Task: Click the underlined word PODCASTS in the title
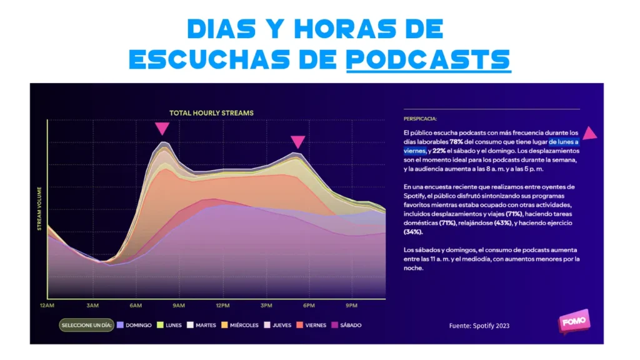click(x=428, y=59)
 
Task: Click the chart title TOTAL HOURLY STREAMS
click(x=211, y=113)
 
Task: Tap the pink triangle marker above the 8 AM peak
click(x=162, y=129)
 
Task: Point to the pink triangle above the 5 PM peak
click(x=298, y=142)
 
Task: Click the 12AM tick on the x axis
click(x=47, y=305)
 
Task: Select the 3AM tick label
click(x=93, y=305)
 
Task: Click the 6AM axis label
click(x=136, y=305)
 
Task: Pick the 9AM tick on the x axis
click(x=179, y=305)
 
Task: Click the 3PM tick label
click(x=266, y=305)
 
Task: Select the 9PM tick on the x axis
click(x=352, y=305)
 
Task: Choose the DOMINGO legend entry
click(x=134, y=325)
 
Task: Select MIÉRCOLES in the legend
click(x=239, y=325)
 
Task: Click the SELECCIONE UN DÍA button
click(x=86, y=325)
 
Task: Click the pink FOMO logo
click(x=574, y=321)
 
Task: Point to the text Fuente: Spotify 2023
click(x=479, y=326)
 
